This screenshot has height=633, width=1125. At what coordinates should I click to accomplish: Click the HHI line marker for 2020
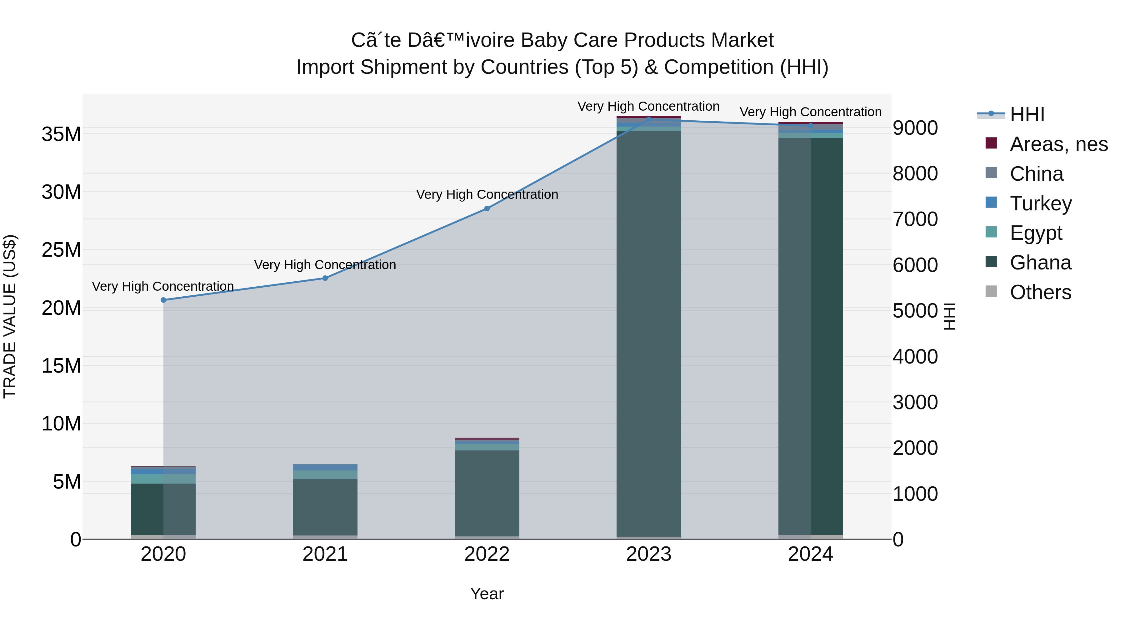click(163, 300)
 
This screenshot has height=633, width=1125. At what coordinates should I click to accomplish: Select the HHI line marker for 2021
click(325, 278)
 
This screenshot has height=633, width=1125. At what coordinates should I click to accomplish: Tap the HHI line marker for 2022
click(487, 209)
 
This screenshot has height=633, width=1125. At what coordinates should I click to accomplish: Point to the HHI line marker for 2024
click(811, 126)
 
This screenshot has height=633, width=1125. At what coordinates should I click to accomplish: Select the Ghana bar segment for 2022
click(487, 493)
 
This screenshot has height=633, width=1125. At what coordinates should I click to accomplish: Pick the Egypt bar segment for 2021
click(325, 475)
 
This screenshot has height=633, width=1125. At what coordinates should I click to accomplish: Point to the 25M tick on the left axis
click(61, 250)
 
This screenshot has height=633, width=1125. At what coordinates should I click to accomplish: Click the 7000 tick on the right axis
click(915, 219)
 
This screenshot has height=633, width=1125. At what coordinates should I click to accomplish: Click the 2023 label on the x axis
click(648, 554)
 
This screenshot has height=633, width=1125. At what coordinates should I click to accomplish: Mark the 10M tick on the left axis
click(61, 424)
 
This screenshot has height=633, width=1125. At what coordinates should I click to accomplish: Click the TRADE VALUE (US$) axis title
click(10, 316)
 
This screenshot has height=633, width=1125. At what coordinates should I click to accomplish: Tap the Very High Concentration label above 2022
click(487, 194)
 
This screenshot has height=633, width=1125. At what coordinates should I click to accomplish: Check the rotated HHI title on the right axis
click(949, 316)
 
